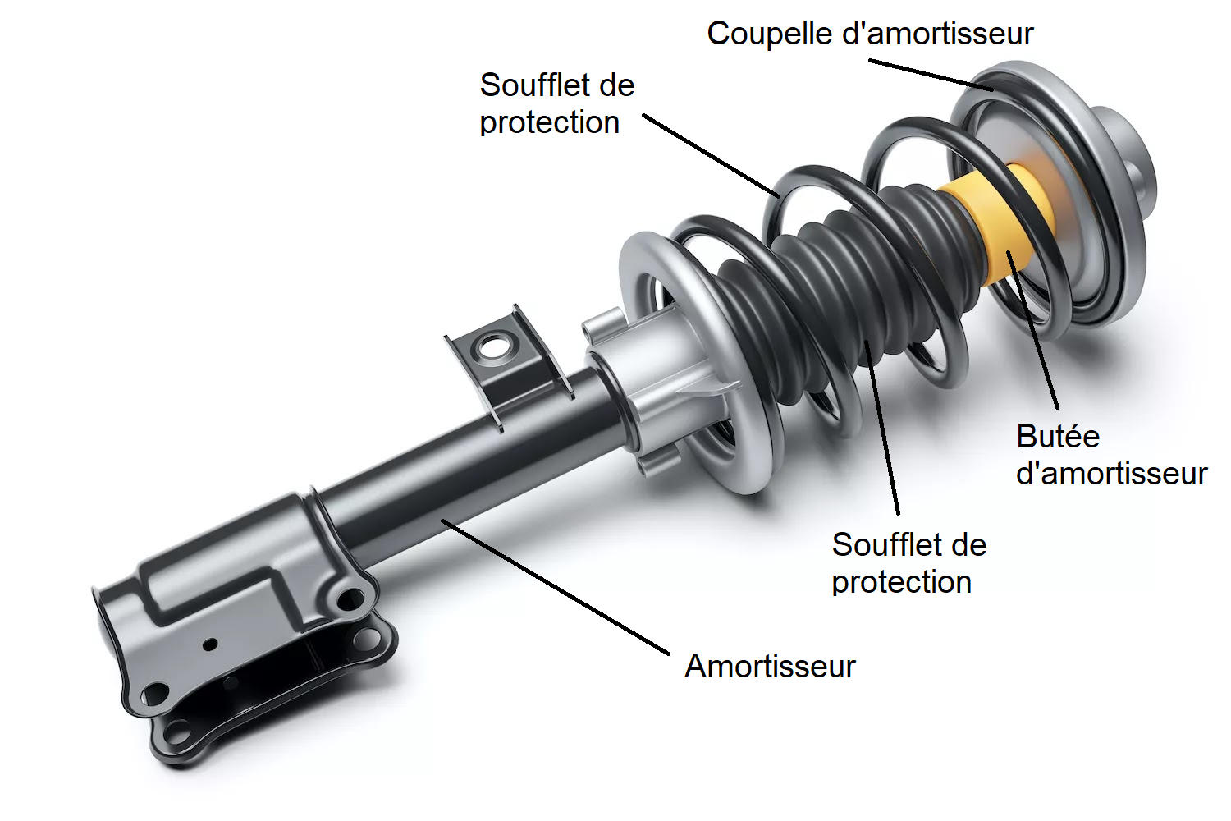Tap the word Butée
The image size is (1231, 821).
click(1057, 437)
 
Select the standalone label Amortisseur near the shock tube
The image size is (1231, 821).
click(770, 666)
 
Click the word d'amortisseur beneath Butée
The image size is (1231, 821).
click(1111, 474)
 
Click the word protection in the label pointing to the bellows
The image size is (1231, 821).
click(901, 582)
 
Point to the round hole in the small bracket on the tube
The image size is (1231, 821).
click(493, 346)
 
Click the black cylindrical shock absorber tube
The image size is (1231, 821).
click(460, 468)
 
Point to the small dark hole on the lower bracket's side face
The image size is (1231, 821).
click(210, 644)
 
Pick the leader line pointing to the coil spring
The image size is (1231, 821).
click(711, 156)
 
